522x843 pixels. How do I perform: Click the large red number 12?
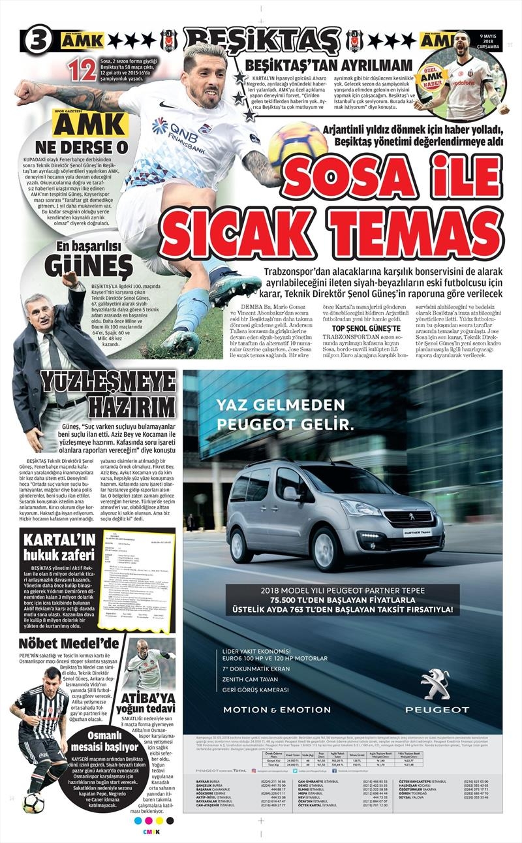click(x=82, y=70)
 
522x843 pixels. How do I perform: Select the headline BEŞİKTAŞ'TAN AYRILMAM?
click(x=328, y=65)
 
